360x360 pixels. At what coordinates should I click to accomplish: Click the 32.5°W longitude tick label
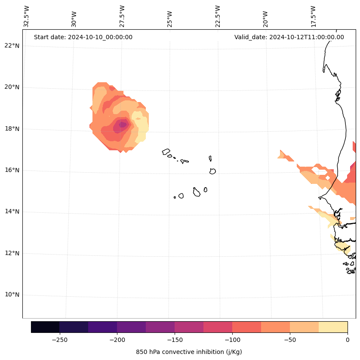(x=27, y=16)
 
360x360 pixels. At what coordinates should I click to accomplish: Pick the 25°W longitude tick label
(x=170, y=19)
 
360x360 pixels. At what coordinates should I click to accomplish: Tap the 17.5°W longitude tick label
(x=313, y=16)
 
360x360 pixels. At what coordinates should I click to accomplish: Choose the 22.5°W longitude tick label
(x=218, y=16)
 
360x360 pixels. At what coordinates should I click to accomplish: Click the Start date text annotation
(x=83, y=37)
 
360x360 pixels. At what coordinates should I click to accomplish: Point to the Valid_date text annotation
(x=289, y=37)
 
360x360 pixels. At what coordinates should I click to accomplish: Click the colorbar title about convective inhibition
(x=189, y=352)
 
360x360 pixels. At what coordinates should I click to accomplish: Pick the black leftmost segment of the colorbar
(x=45, y=327)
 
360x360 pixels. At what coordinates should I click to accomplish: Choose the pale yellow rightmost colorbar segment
(x=333, y=327)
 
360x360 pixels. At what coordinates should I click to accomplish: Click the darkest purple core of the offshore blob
(x=123, y=125)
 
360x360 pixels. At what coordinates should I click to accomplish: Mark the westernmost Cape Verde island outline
(x=166, y=152)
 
